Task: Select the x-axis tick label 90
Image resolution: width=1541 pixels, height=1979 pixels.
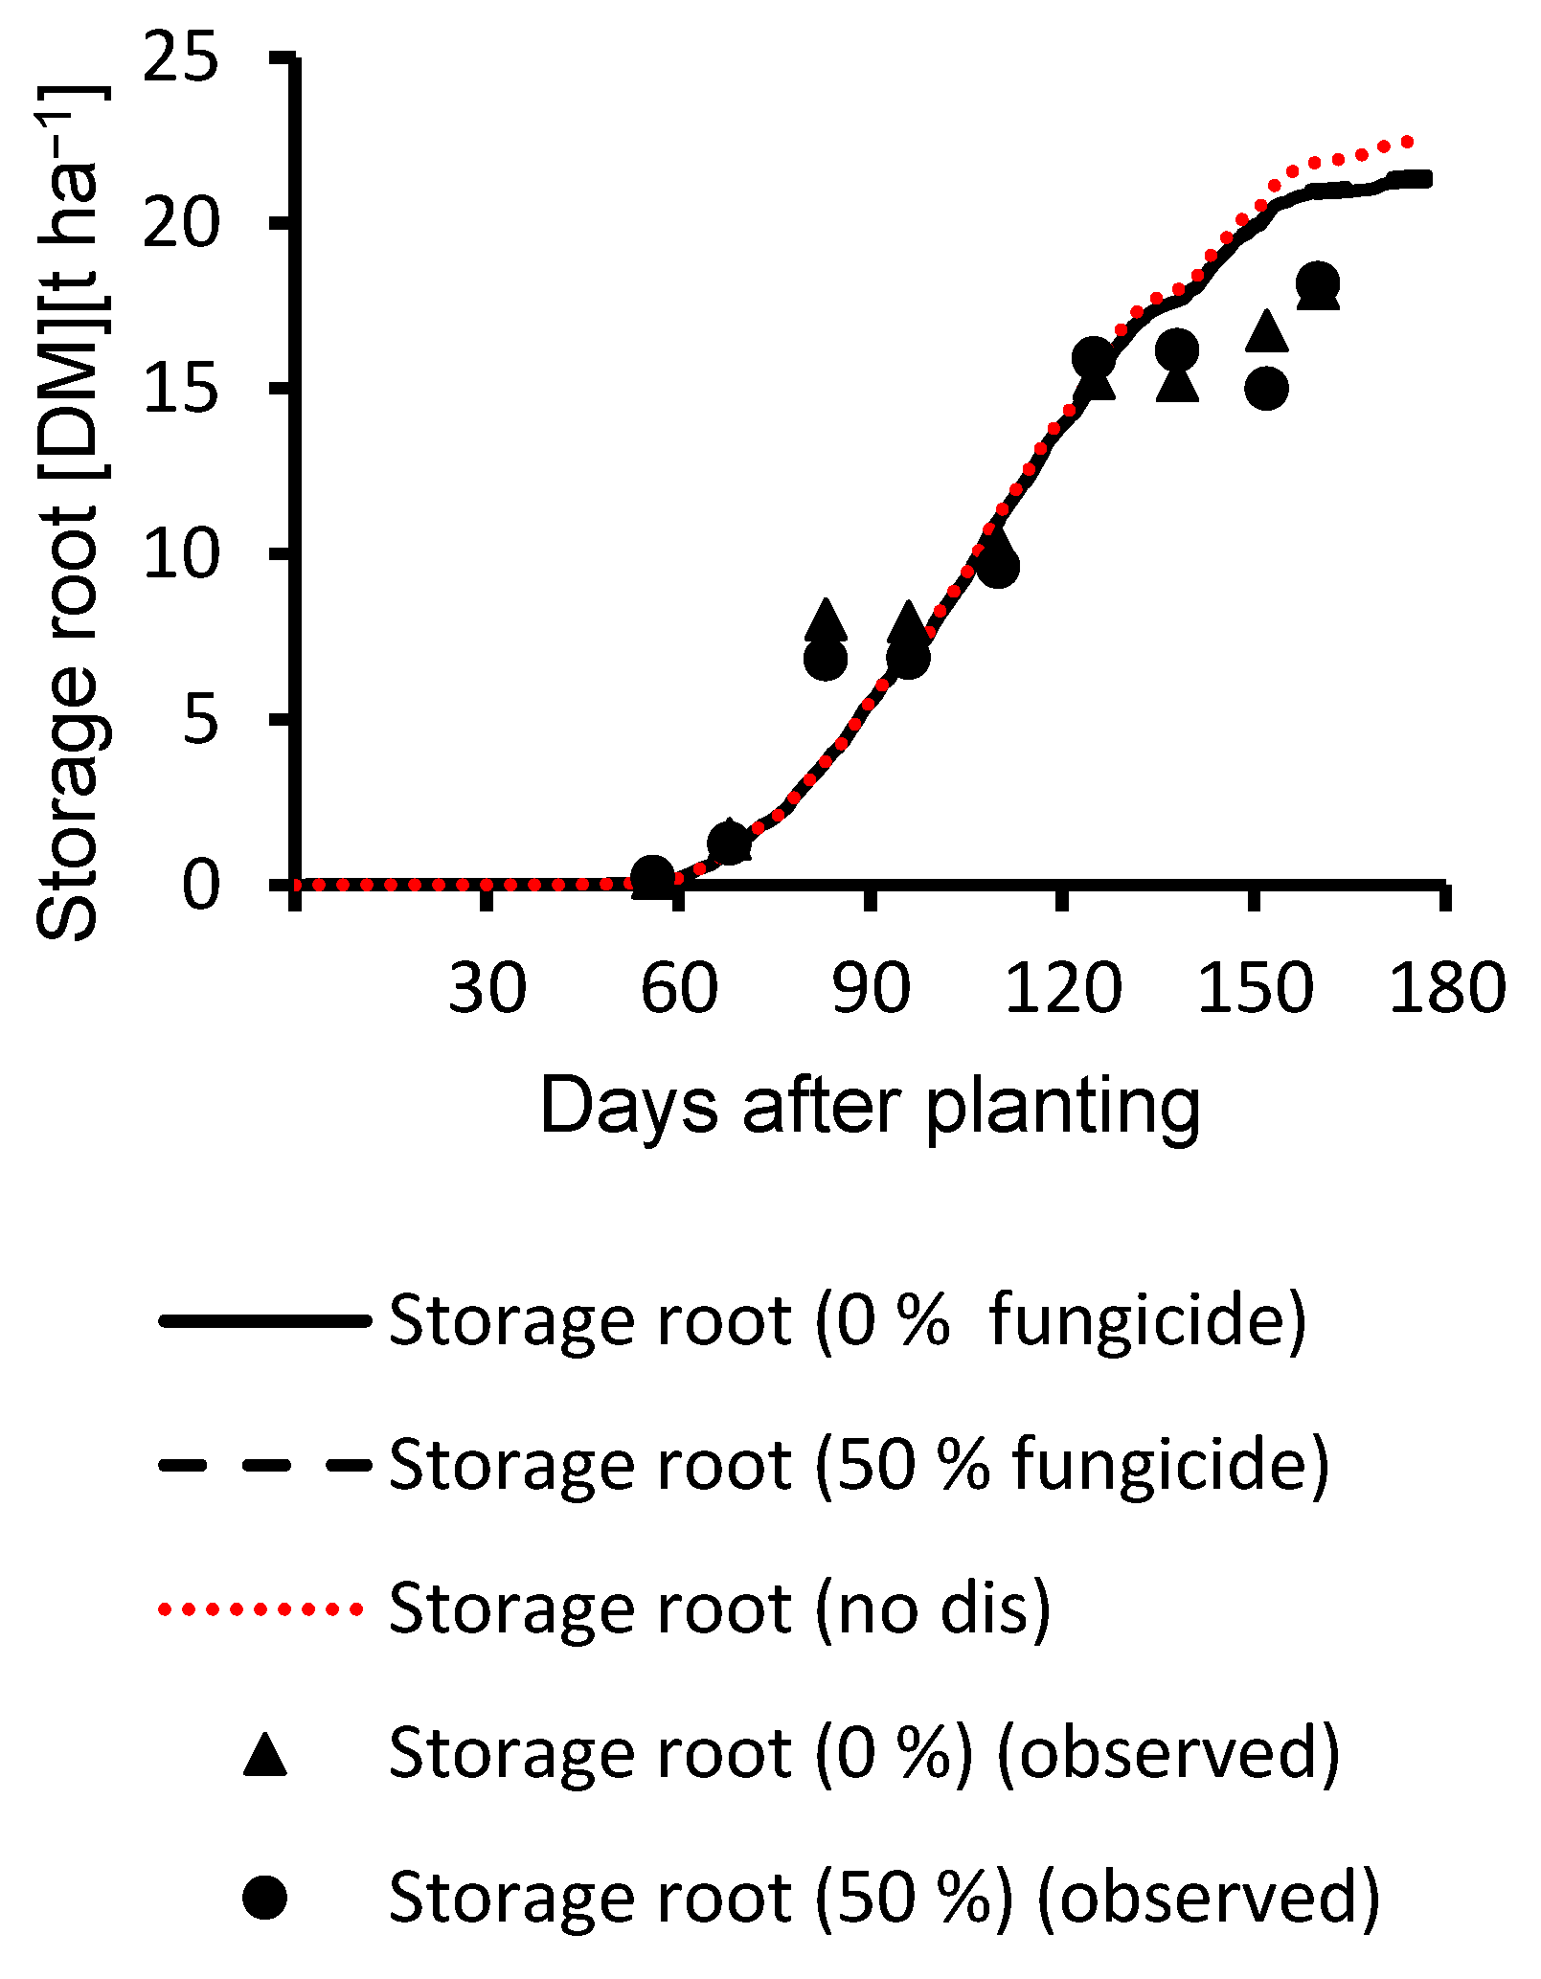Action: [870, 988]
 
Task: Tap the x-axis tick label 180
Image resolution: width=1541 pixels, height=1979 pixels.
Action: [1446, 988]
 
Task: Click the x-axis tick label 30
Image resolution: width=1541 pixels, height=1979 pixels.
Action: [487, 988]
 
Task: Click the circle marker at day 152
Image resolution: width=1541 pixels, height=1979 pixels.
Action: [1266, 389]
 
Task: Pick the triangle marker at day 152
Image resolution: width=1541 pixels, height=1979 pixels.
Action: [1266, 331]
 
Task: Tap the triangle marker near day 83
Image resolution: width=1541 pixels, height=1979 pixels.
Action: [827, 619]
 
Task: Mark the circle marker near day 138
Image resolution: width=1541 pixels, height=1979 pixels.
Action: [1177, 350]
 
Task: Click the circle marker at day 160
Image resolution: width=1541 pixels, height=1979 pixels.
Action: [1317, 282]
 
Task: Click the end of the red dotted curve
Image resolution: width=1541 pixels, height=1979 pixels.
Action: [1407, 142]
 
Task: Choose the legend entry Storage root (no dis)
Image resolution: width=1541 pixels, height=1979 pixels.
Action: [719, 1608]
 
